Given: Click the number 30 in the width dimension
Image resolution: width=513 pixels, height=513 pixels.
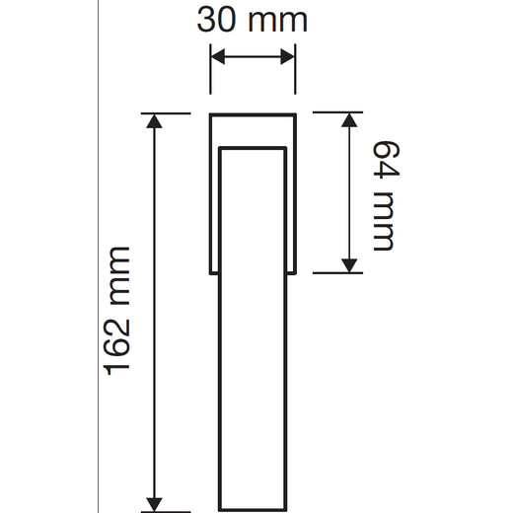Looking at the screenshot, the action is [x=216, y=21].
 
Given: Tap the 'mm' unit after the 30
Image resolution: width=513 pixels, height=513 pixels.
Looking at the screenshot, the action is [x=277, y=23].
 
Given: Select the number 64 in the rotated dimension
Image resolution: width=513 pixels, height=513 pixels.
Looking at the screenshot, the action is [x=386, y=160].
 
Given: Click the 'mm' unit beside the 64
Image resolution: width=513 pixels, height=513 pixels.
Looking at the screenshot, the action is [x=383, y=222].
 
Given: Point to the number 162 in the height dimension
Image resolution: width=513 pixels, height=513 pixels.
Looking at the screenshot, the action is [x=116, y=348].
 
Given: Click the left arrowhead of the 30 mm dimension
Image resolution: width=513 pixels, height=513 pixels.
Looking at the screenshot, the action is [x=217, y=56].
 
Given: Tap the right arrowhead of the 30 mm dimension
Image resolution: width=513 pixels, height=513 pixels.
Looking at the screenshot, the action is [x=287, y=56].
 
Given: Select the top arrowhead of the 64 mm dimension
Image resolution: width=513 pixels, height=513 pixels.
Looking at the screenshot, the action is [x=349, y=119].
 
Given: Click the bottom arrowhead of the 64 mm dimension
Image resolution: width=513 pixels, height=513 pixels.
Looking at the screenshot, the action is [x=349, y=265].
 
